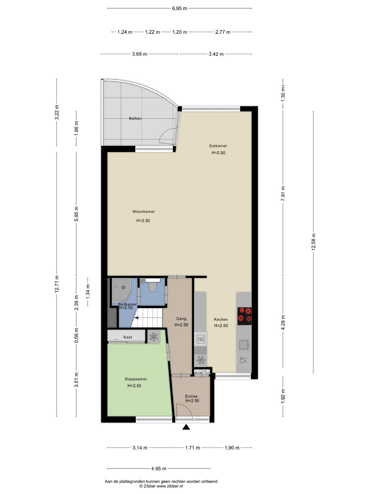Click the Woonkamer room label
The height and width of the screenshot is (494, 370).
pyautogui.click(x=144, y=212)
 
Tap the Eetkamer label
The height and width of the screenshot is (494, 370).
pyautogui.click(x=218, y=146)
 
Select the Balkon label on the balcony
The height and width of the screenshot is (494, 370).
pyautogui.click(x=135, y=118)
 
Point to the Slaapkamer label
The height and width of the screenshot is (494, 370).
pyautogui.click(x=136, y=379)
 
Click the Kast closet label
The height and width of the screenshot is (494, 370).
pyautogui.click(x=128, y=337)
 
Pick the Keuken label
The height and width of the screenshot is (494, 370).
pyautogui.click(x=221, y=319)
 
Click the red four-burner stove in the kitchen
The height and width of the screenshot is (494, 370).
pyautogui.click(x=244, y=316)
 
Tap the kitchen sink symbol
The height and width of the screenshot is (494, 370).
pyautogui.click(x=244, y=344)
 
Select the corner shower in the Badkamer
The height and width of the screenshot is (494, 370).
pyautogui.click(x=121, y=290)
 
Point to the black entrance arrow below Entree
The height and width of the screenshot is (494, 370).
pyautogui.click(x=186, y=427)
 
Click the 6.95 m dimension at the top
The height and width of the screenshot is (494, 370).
pyautogui.click(x=180, y=9)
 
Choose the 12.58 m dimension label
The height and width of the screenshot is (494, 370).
pyautogui.click(x=313, y=242)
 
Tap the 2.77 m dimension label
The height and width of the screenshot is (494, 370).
pyautogui.click(x=223, y=32)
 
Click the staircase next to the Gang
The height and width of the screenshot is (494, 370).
pyautogui.click(x=147, y=318)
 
